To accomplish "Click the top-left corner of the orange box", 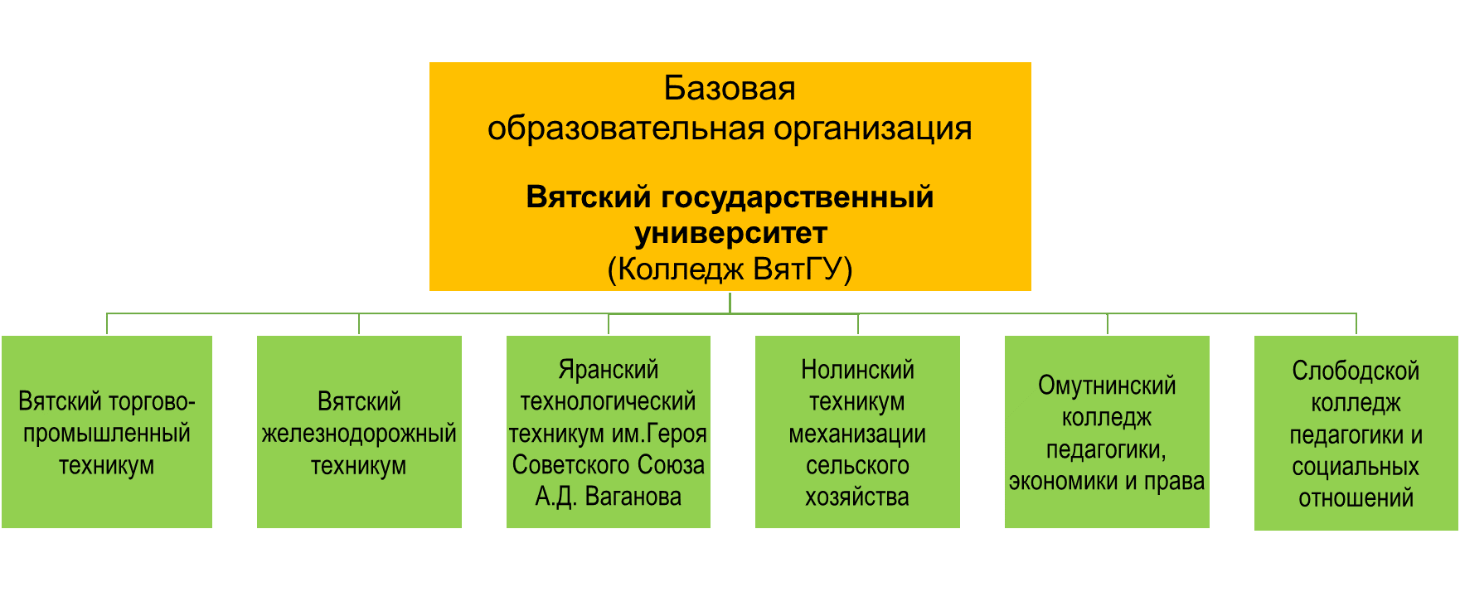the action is click(429, 62).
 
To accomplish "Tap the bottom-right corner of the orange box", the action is click(1031, 291).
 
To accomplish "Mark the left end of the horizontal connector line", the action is click(107, 313).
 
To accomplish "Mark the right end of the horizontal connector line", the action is click(1356, 313).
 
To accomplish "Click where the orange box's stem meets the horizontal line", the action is click(730, 313).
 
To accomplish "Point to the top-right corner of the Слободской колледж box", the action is click(1458, 336).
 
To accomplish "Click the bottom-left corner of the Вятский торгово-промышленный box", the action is click(2, 528).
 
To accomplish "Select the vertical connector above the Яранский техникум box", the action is click(609, 324).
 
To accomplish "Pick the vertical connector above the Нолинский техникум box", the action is click(858, 324).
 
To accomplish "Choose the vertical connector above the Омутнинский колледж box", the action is click(1108, 324).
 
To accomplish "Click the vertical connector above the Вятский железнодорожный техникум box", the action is click(359, 324).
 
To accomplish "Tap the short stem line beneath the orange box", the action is click(730, 302).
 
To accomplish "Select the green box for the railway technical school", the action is click(359, 432).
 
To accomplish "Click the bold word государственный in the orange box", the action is click(798, 198).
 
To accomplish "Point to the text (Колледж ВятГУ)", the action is click(730, 270).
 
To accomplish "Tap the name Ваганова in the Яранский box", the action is click(633, 497).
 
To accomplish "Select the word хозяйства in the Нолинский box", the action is click(857, 497).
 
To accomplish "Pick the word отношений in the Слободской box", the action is click(1356, 499).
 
